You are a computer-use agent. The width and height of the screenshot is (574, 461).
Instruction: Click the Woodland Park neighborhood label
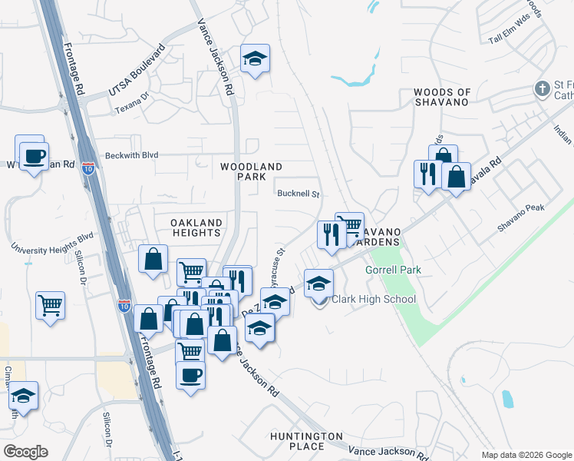click(251, 171)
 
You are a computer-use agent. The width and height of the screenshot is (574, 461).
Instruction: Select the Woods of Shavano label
click(441, 97)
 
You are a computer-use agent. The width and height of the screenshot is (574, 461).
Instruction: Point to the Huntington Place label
click(306, 441)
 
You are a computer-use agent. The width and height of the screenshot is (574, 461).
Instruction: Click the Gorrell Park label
click(394, 270)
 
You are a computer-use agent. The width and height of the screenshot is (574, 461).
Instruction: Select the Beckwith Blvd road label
click(132, 154)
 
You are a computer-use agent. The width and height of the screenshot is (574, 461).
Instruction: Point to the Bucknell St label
click(299, 194)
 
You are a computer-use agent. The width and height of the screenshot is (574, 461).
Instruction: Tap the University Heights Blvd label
click(51, 243)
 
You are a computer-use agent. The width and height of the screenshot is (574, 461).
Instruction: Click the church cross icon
click(543, 89)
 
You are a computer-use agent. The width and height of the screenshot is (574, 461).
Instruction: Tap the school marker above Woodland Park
click(255, 59)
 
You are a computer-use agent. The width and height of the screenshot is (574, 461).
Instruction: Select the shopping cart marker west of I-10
click(50, 305)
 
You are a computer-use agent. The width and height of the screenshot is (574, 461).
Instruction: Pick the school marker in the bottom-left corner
click(24, 396)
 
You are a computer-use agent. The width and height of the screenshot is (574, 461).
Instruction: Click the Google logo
click(25, 452)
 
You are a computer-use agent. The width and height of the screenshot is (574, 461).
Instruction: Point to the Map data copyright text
click(526, 455)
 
